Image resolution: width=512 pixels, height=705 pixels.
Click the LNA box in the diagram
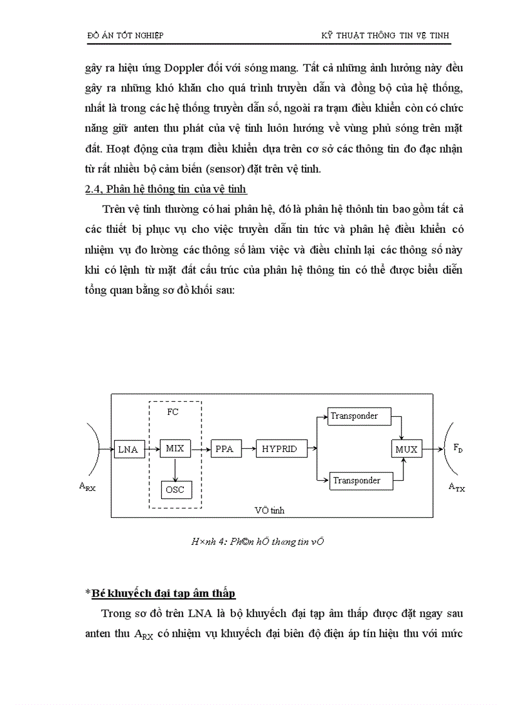tap(130, 449)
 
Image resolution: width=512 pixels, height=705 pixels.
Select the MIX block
tap(175, 448)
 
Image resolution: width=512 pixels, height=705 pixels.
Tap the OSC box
tap(175, 489)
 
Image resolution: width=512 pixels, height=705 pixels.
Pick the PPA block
tap(224, 449)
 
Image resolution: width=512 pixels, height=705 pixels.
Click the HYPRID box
tap(279, 449)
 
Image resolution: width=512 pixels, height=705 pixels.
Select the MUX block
tap(406, 449)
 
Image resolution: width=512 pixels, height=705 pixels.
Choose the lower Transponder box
tap(357, 480)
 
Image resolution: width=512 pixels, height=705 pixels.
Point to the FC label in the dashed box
tap(173, 412)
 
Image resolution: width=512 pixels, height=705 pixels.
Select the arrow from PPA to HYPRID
tap(247, 449)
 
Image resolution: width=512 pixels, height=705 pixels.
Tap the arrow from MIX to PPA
tap(200, 449)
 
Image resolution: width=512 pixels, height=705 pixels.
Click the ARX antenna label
tap(87, 485)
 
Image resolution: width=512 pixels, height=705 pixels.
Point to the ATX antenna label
tap(457, 485)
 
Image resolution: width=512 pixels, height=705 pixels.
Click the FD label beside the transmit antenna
tap(459, 448)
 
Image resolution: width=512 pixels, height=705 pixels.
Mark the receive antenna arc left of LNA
tap(95, 449)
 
